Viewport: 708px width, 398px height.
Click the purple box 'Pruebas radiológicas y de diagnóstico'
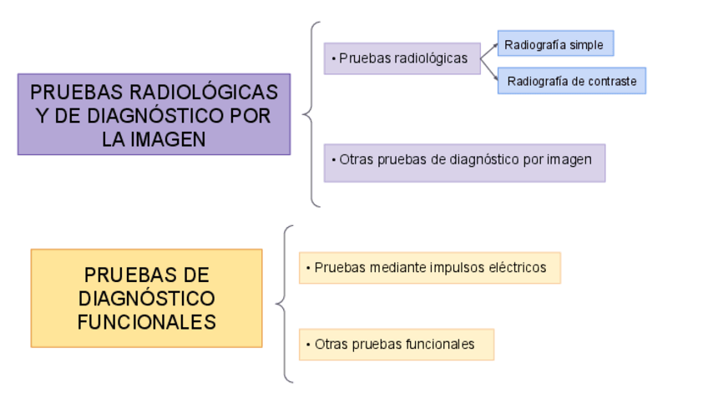pyautogui.click(x=154, y=114)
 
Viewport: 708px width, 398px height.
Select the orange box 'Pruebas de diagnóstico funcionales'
pyautogui.click(x=146, y=298)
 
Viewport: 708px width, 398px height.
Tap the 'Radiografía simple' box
pyautogui.click(x=555, y=44)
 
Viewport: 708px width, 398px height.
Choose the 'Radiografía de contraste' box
pyautogui.click(x=571, y=81)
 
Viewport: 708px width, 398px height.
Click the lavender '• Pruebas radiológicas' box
pyautogui.click(x=402, y=58)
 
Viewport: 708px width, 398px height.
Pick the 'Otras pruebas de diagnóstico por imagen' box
pyautogui.click(x=464, y=162)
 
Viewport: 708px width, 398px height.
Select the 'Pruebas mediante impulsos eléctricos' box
pyautogui.click(x=429, y=268)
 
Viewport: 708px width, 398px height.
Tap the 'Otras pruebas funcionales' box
pyautogui.click(x=396, y=344)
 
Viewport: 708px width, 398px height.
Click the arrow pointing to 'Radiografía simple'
pyautogui.click(x=489, y=49)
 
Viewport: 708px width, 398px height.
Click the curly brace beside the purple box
pyautogui.click(x=312, y=114)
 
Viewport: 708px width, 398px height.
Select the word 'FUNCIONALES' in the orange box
pyautogui.click(x=146, y=321)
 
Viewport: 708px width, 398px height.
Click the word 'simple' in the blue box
pyautogui.click(x=586, y=44)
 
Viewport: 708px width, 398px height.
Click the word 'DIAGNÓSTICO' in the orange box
pyautogui.click(x=146, y=298)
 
